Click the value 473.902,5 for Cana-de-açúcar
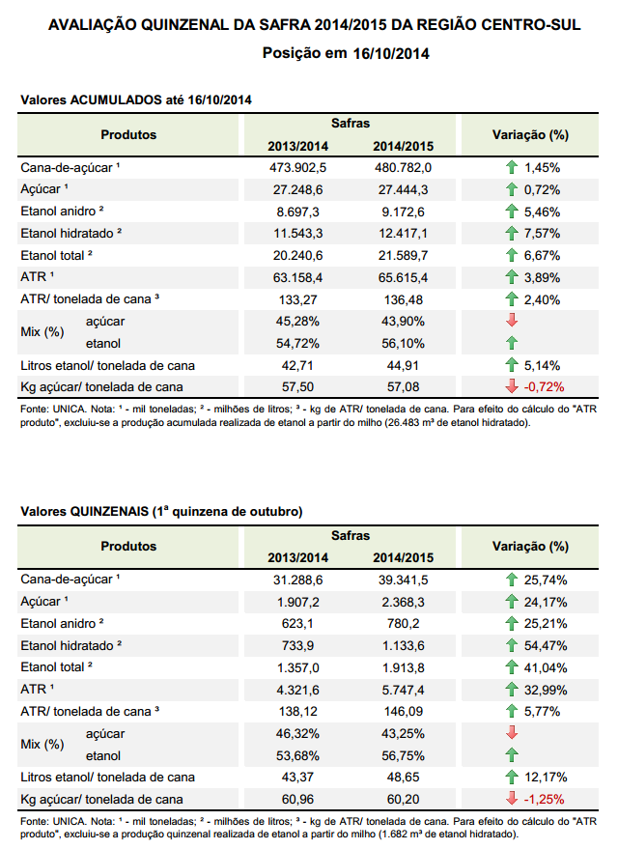click(297, 168)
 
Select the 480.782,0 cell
click(404, 168)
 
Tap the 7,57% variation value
click(542, 234)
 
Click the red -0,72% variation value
click(544, 387)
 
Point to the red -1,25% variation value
click(544, 799)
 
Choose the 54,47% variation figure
click(546, 646)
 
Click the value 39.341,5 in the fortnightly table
click(404, 580)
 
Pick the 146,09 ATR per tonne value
click(404, 712)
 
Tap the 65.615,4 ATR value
click(404, 278)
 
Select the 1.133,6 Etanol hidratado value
click(404, 646)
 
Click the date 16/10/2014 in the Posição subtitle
click(391, 53)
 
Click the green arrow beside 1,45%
click(512, 167)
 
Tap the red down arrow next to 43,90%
click(512, 321)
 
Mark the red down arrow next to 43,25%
click(512, 733)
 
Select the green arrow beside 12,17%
click(512, 777)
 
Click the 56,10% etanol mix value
click(404, 344)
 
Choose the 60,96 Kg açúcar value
click(297, 799)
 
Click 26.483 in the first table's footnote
click(402, 423)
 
